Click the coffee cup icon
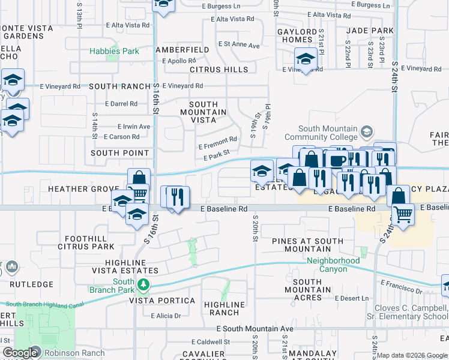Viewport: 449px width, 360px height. [336, 160]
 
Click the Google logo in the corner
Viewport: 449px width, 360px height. [20, 353]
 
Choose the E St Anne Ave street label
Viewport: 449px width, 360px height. [239, 45]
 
